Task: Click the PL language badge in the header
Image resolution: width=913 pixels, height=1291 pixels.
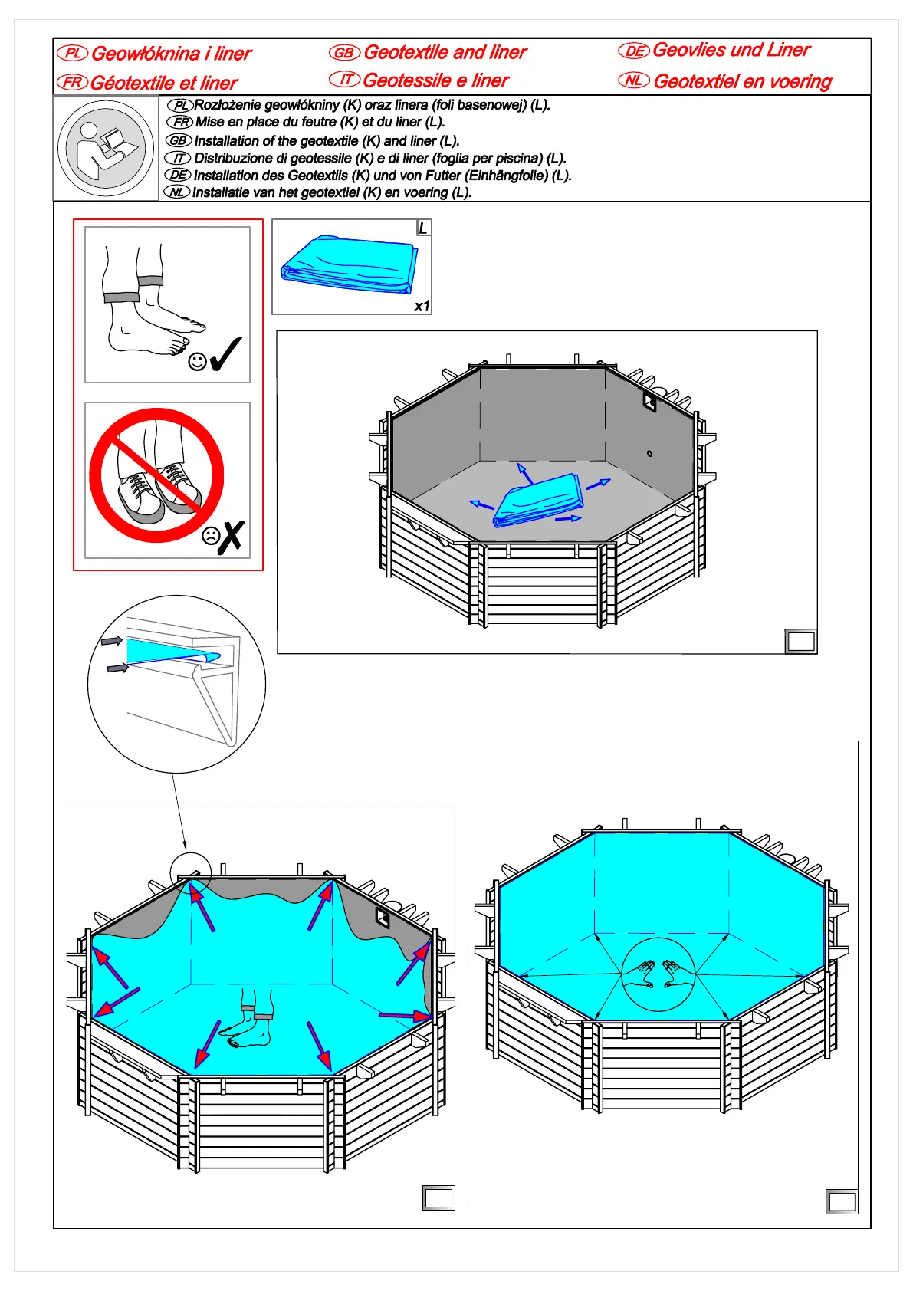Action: coord(73,53)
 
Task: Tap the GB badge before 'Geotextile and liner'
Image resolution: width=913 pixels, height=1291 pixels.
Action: coord(344,52)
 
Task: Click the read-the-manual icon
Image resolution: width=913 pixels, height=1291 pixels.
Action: coord(106,148)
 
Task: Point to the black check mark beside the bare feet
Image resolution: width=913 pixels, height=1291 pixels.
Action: coord(225,355)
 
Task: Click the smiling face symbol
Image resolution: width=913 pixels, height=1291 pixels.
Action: coord(197,361)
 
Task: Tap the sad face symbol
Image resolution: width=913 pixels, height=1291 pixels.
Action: coord(211,536)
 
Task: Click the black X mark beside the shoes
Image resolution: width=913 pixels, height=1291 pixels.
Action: coord(231,537)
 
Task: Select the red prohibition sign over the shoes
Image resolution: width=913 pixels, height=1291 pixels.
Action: coord(156,475)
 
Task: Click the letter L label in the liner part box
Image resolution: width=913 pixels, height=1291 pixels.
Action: coord(423,228)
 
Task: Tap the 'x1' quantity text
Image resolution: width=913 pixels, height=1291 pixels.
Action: coord(422,306)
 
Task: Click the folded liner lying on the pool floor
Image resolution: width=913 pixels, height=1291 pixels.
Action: coord(538,501)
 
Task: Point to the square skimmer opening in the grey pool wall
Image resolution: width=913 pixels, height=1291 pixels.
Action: coord(650,401)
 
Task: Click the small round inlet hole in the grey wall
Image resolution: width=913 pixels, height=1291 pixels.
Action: coord(650,454)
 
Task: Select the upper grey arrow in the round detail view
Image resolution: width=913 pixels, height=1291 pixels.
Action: coord(111,640)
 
